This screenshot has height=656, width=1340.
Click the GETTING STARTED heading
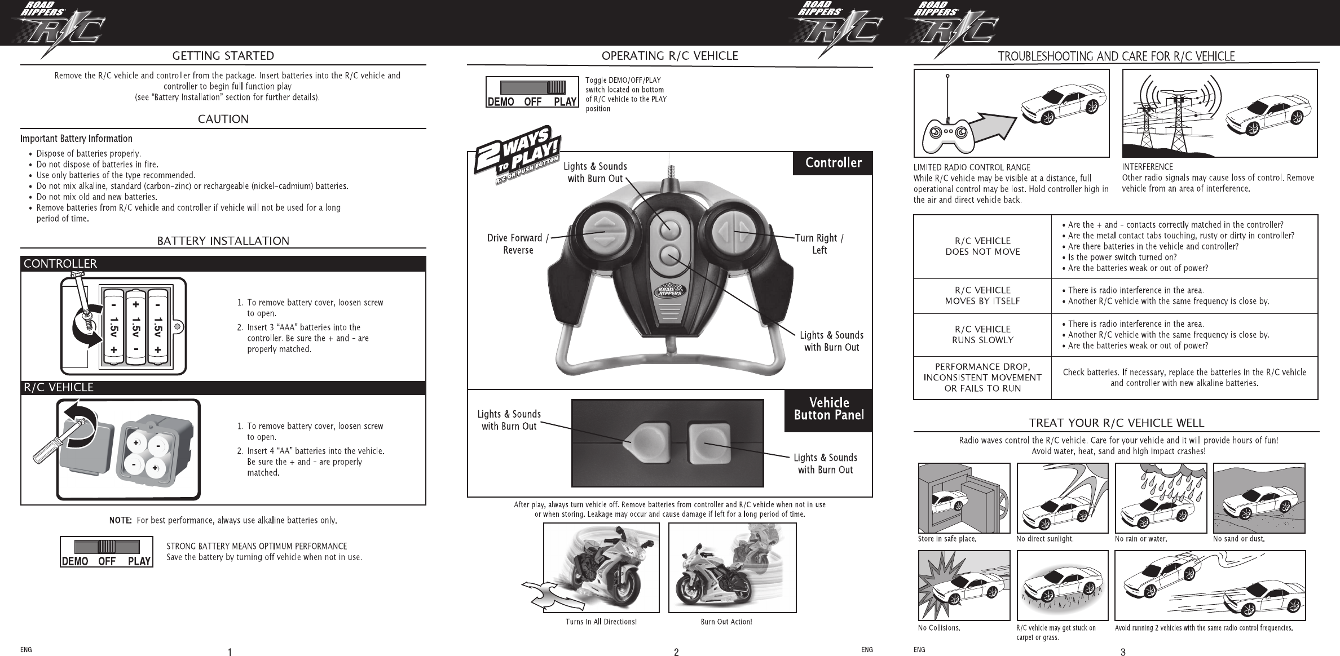pos(223,56)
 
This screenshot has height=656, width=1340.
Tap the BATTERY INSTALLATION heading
pos(223,241)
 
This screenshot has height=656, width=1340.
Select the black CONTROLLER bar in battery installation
pos(223,264)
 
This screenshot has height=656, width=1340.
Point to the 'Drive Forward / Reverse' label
pos(518,244)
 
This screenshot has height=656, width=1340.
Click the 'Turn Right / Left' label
pos(819,244)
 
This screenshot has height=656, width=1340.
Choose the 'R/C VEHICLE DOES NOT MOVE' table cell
pos(982,246)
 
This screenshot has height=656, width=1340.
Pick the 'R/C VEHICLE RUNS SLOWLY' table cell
pos(982,335)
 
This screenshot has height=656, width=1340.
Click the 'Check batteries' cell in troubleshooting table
pos(1184,378)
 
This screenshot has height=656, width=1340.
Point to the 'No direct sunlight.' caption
pos(1044,539)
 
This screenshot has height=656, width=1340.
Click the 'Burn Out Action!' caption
pos(726,622)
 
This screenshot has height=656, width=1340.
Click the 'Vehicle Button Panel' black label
pos(828,409)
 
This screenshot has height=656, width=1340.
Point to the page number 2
pos(676,653)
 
